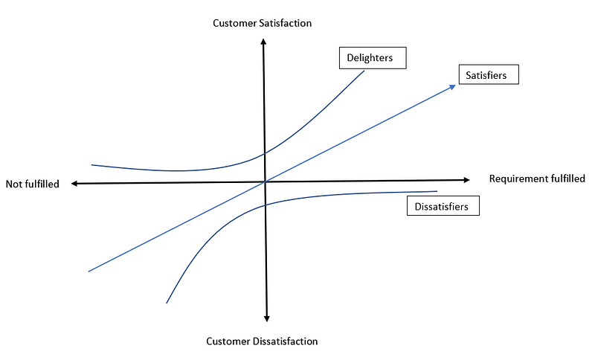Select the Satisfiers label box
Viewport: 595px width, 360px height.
487,75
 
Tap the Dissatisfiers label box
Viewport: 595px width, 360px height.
443,206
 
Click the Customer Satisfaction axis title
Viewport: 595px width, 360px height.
263,23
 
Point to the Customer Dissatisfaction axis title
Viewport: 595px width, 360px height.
262,341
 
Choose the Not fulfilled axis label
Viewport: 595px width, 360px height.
32,184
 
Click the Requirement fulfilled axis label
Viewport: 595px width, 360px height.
537,179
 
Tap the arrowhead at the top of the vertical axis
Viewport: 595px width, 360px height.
263,39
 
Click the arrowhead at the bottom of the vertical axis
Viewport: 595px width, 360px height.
266,318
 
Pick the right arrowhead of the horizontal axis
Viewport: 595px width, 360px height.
466,179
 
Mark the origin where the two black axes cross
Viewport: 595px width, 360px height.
265,181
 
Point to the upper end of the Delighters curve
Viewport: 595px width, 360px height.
364,71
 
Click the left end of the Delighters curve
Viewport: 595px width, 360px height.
91,164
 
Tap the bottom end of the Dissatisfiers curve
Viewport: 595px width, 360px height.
167,303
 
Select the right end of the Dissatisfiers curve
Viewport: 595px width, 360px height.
437,192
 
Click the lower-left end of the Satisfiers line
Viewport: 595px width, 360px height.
88,271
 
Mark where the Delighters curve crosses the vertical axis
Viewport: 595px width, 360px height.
265,154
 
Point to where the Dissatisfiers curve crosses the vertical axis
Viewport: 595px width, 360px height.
265,205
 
